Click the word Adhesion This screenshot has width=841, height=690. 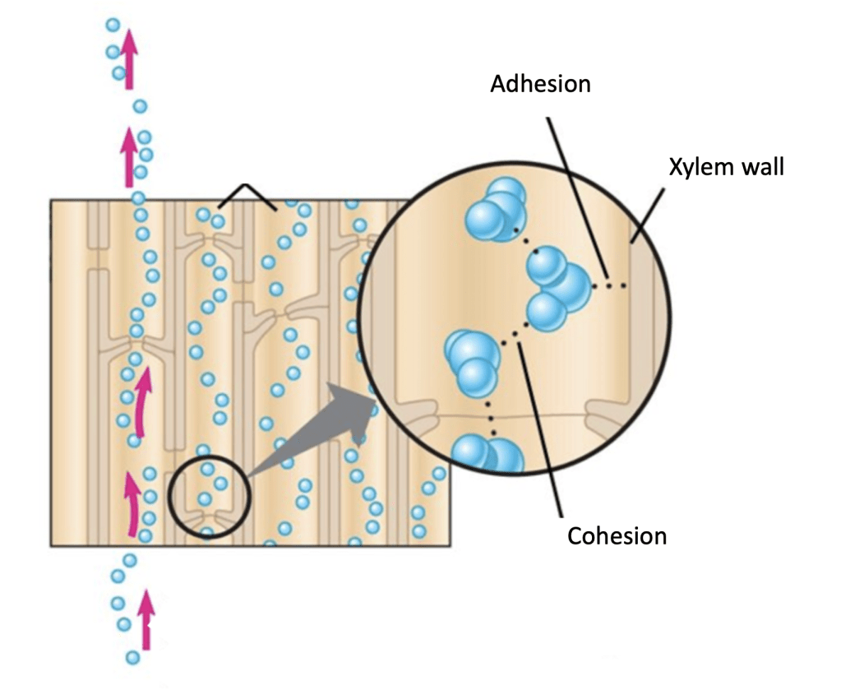click(x=540, y=84)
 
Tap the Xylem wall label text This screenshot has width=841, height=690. click(x=727, y=168)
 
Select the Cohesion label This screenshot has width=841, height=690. click(x=617, y=536)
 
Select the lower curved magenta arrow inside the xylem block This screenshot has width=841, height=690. click(x=132, y=501)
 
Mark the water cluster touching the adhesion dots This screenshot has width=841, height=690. click(x=559, y=289)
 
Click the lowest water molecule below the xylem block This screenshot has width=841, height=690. click(x=132, y=657)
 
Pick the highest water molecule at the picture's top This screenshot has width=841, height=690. click(x=113, y=25)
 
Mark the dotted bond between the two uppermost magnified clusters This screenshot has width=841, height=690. click(x=525, y=242)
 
